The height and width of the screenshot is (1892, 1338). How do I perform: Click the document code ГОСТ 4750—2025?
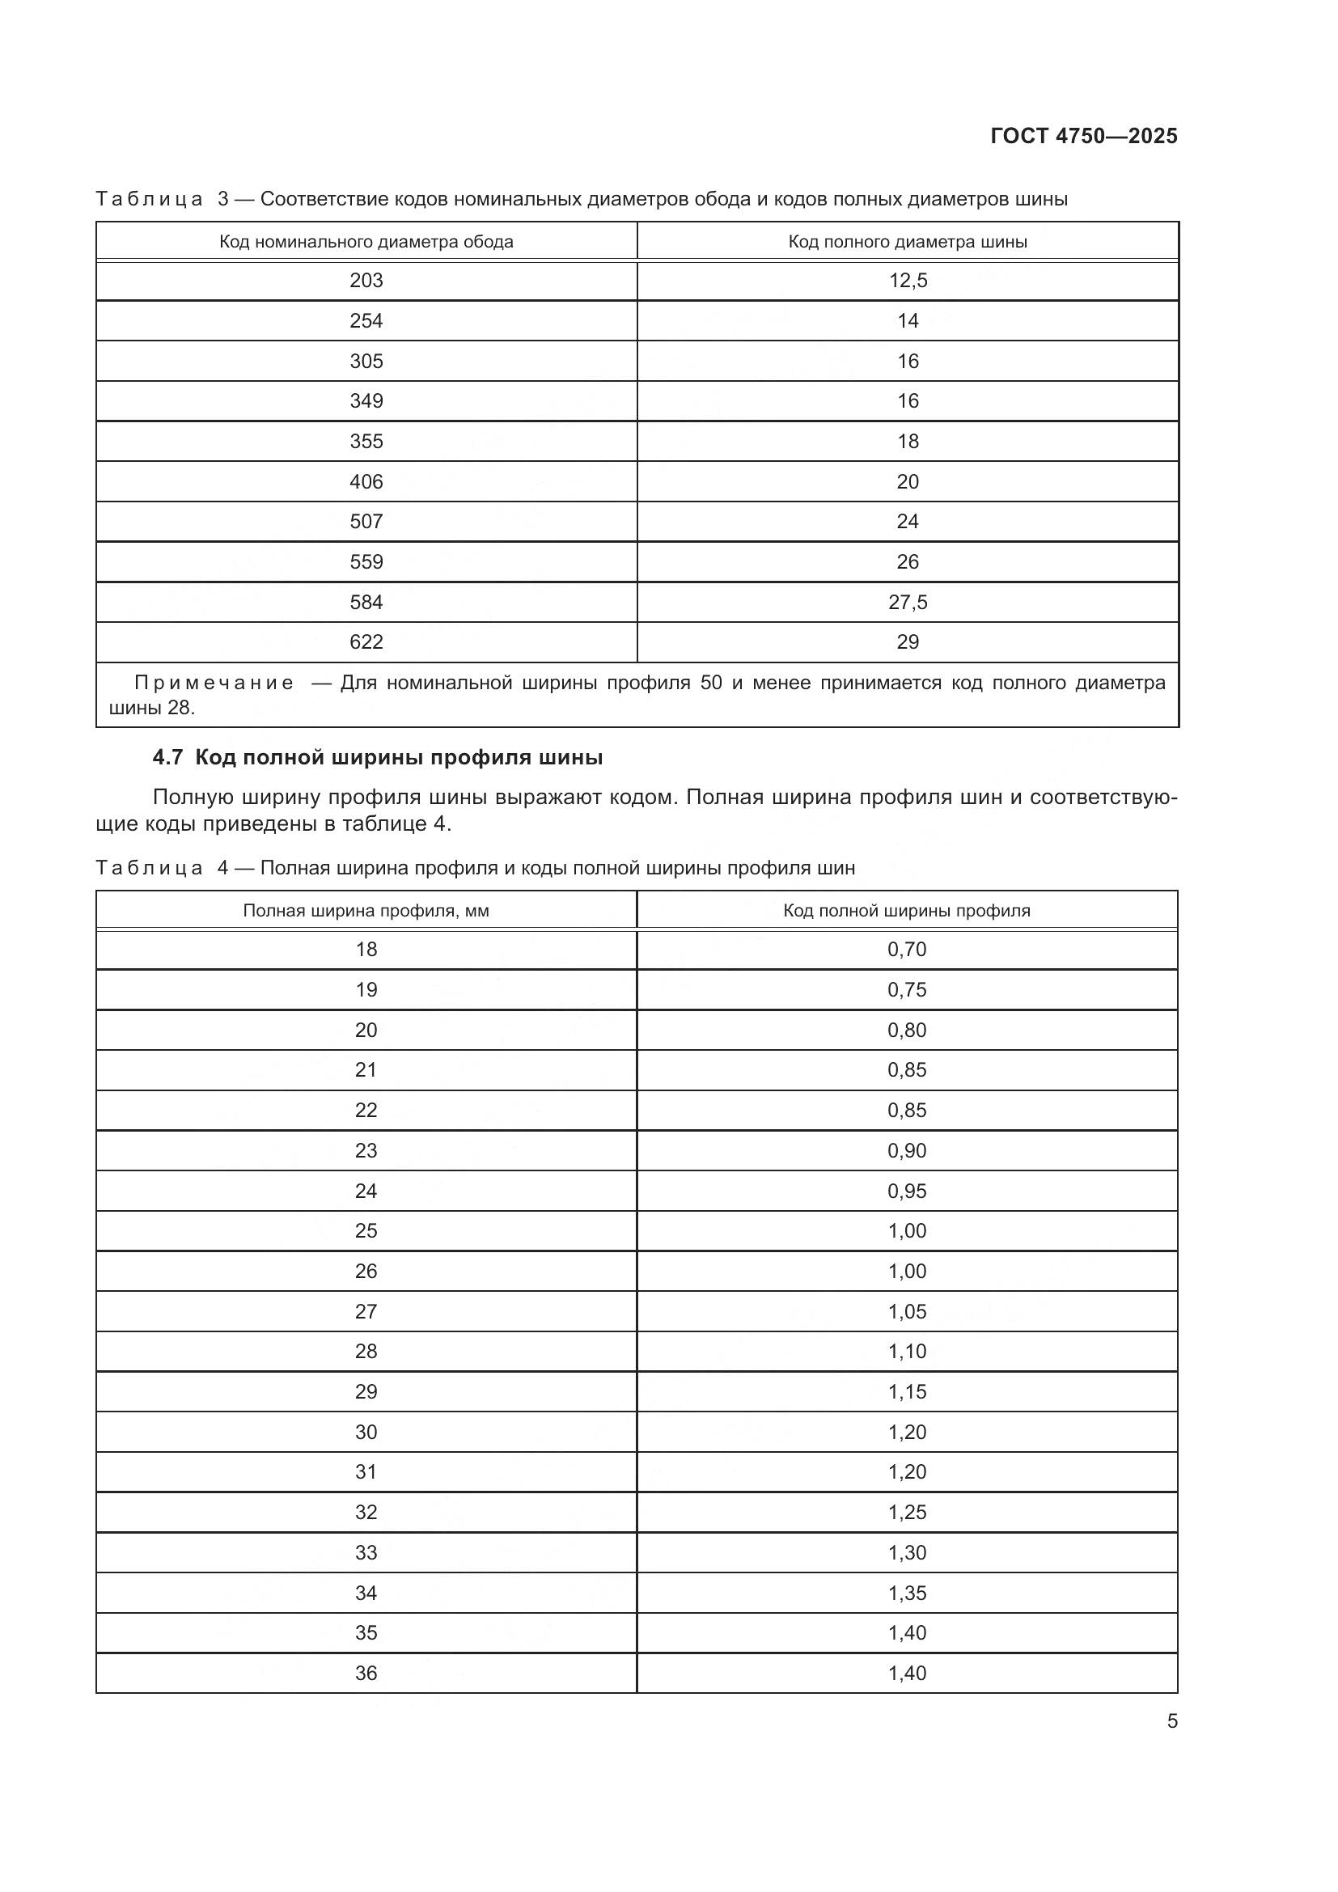[1083, 136]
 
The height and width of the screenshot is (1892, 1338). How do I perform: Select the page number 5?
[1171, 1721]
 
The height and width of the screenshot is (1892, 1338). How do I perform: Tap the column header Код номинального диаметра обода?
[366, 241]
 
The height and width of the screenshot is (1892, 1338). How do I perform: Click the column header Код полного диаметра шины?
[907, 241]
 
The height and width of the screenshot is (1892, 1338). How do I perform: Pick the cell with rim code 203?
[366, 280]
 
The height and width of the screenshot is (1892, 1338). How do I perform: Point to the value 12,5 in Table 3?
[907, 280]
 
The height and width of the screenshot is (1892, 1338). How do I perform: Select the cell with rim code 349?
[366, 400]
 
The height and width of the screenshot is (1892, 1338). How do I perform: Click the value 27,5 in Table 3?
[907, 603]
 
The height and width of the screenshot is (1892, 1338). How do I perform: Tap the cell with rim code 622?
[366, 642]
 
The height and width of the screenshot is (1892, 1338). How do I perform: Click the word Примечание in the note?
[214, 684]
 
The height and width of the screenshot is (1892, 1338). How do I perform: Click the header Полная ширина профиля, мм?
[366, 911]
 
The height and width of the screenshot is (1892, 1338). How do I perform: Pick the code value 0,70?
[906, 950]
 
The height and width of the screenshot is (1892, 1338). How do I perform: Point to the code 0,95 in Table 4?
[906, 1191]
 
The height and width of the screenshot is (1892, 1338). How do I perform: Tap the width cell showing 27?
[366, 1311]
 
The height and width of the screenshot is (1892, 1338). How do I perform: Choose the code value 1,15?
[906, 1392]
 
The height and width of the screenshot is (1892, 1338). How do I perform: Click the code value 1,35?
[906, 1593]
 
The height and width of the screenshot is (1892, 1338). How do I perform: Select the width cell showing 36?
[366, 1673]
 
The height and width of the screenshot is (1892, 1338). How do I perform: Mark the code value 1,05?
[906, 1311]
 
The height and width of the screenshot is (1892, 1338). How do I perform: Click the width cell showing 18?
[366, 950]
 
